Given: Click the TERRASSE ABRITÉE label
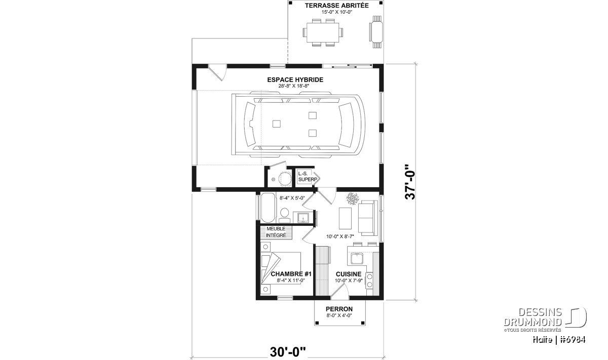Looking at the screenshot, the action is (x=336, y=6).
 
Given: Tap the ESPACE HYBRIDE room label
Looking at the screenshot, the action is (x=295, y=80).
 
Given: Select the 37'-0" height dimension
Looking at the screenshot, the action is (x=410, y=182).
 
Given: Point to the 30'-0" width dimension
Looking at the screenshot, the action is (x=288, y=352).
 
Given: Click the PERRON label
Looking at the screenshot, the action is (x=339, y=309).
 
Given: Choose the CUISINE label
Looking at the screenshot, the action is (x=349, y=274).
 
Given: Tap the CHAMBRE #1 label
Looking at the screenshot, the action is (x=291, y=274).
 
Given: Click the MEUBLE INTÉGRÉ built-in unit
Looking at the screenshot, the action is (x=276, y=232).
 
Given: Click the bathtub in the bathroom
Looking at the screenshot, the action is (x=268, y=208).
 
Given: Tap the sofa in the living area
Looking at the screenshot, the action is (x=368, y=218).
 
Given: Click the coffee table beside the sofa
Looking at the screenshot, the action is (x=345, y=218).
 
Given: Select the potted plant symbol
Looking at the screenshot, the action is (x=353, y=198).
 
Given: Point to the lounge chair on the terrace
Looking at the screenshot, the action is (x=376, y=32).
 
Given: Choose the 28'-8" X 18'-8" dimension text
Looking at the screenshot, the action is (x=294, y=86).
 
